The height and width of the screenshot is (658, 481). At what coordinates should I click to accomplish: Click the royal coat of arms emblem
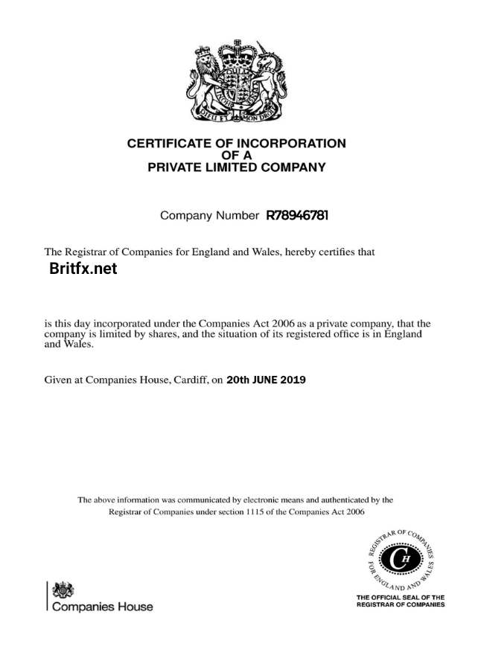coord(238,81)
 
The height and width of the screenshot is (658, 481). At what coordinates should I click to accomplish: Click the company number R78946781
coord(297,217)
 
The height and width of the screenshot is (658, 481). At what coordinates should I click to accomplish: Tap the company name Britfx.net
coord(83,269)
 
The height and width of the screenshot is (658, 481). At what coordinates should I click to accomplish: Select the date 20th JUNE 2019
coord(265,380)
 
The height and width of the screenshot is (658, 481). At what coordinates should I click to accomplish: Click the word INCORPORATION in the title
coord(290,144)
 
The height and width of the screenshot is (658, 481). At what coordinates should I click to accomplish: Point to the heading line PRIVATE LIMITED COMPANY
coord(237,167)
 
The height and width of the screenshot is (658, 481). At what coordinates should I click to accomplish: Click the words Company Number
coord(208,217)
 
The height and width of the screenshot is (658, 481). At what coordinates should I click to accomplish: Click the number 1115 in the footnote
coord(258,513)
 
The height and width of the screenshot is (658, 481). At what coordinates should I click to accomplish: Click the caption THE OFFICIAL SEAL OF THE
coord(401,597)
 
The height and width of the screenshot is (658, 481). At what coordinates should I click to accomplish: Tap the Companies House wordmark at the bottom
coord(101,607)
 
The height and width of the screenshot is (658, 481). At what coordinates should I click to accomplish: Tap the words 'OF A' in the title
coord(237,156)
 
